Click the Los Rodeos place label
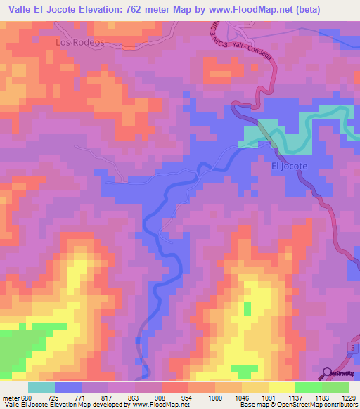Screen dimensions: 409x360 pos(79,42)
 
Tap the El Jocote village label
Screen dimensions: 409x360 pos(290,167)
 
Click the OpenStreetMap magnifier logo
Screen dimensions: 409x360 pos(328,372)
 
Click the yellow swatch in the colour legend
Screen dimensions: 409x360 pos(281,387)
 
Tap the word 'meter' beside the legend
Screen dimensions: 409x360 pos(10,398)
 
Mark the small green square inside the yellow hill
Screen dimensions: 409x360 pos(247,308)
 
